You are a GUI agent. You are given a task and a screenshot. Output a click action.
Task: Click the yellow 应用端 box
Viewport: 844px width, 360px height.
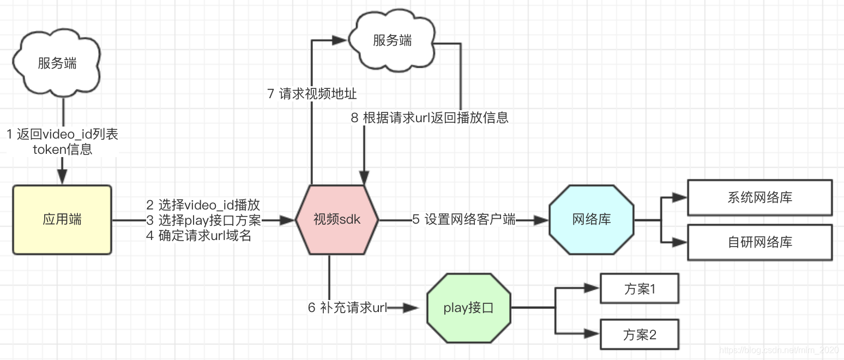pyautogui.click(x=62, y=220)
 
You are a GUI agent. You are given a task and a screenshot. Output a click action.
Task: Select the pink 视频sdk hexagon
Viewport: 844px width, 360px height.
pyautogui.click(x=337, y=220)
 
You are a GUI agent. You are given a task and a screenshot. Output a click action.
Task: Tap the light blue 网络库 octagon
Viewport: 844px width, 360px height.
pyautogui.click(x=592, y=220)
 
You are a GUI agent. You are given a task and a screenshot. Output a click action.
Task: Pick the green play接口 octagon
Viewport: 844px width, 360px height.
pyautogui.click(x=468, y=308)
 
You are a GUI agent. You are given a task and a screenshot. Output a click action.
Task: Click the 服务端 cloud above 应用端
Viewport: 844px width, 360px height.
pyautogui.click(x=57, y=63)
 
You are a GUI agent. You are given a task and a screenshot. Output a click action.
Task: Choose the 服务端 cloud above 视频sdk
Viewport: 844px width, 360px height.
pyautogui.click(x=392, y=40)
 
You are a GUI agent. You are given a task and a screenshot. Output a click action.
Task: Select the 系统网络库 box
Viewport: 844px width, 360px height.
pyautogui.click(x=759, y=197)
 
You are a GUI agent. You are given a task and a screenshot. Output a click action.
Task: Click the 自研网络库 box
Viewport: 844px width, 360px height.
pyautogui.click(x=759, y=242)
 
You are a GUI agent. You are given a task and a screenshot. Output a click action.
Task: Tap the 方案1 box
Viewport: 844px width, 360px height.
pyautogui.click(x=639, y=289)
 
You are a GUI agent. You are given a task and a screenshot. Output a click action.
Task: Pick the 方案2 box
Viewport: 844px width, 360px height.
pyautogui.click(x=639, y=334)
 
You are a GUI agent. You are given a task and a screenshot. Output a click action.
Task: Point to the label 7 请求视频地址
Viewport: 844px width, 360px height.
pyautogui.click(x=312, y=94)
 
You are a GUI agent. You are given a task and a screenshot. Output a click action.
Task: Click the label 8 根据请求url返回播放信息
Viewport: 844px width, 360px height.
pyautogui.click(x=430, y=118)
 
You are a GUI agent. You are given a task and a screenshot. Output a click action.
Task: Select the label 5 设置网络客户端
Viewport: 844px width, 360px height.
pyautogui.click(x=463, y=220)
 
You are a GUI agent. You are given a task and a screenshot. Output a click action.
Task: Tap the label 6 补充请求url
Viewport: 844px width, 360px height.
pyautogui.click(x=347, y=308)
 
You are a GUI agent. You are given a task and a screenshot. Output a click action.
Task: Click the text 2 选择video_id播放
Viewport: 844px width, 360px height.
pyautogui.click(x=203, y=205)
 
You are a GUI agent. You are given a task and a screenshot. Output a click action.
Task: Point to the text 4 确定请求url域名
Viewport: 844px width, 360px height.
pyautogui.click(x=198, y=236)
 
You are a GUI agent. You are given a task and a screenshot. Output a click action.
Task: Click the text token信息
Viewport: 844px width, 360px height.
pyautogui.click(x=62, y=149)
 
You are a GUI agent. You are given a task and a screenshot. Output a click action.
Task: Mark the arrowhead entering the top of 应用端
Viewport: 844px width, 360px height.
pyautogui.click(x=62, y=177)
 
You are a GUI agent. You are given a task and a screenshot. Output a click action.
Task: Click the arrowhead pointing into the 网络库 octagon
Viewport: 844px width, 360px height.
pyautogui.click(x=541, y=220)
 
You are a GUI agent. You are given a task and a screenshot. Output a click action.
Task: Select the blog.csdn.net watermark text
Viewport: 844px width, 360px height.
pyautogui.click(x=780, y=349)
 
